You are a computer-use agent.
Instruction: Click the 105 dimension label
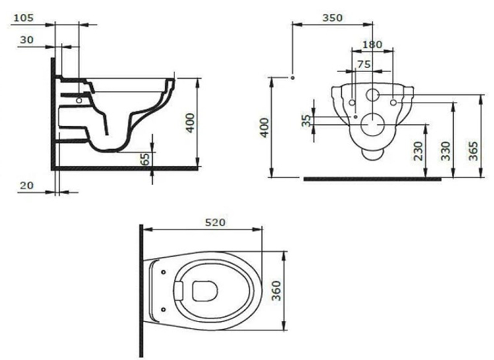(x=23, y=18)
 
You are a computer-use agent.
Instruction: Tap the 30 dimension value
(x=27, y=40)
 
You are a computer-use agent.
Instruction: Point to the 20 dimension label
(x=27, y=185)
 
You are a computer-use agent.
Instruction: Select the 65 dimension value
(x=145, y=159)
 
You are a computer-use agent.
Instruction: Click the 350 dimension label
(x=332, y=18)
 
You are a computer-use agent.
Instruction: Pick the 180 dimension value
(x=372, y=44)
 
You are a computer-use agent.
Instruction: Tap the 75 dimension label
(x=364, y=64)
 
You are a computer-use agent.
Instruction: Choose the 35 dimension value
(x=306, y=120)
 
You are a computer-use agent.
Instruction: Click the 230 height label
(x=418, y=151)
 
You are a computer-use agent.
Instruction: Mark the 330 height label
(x=446, y=151)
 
